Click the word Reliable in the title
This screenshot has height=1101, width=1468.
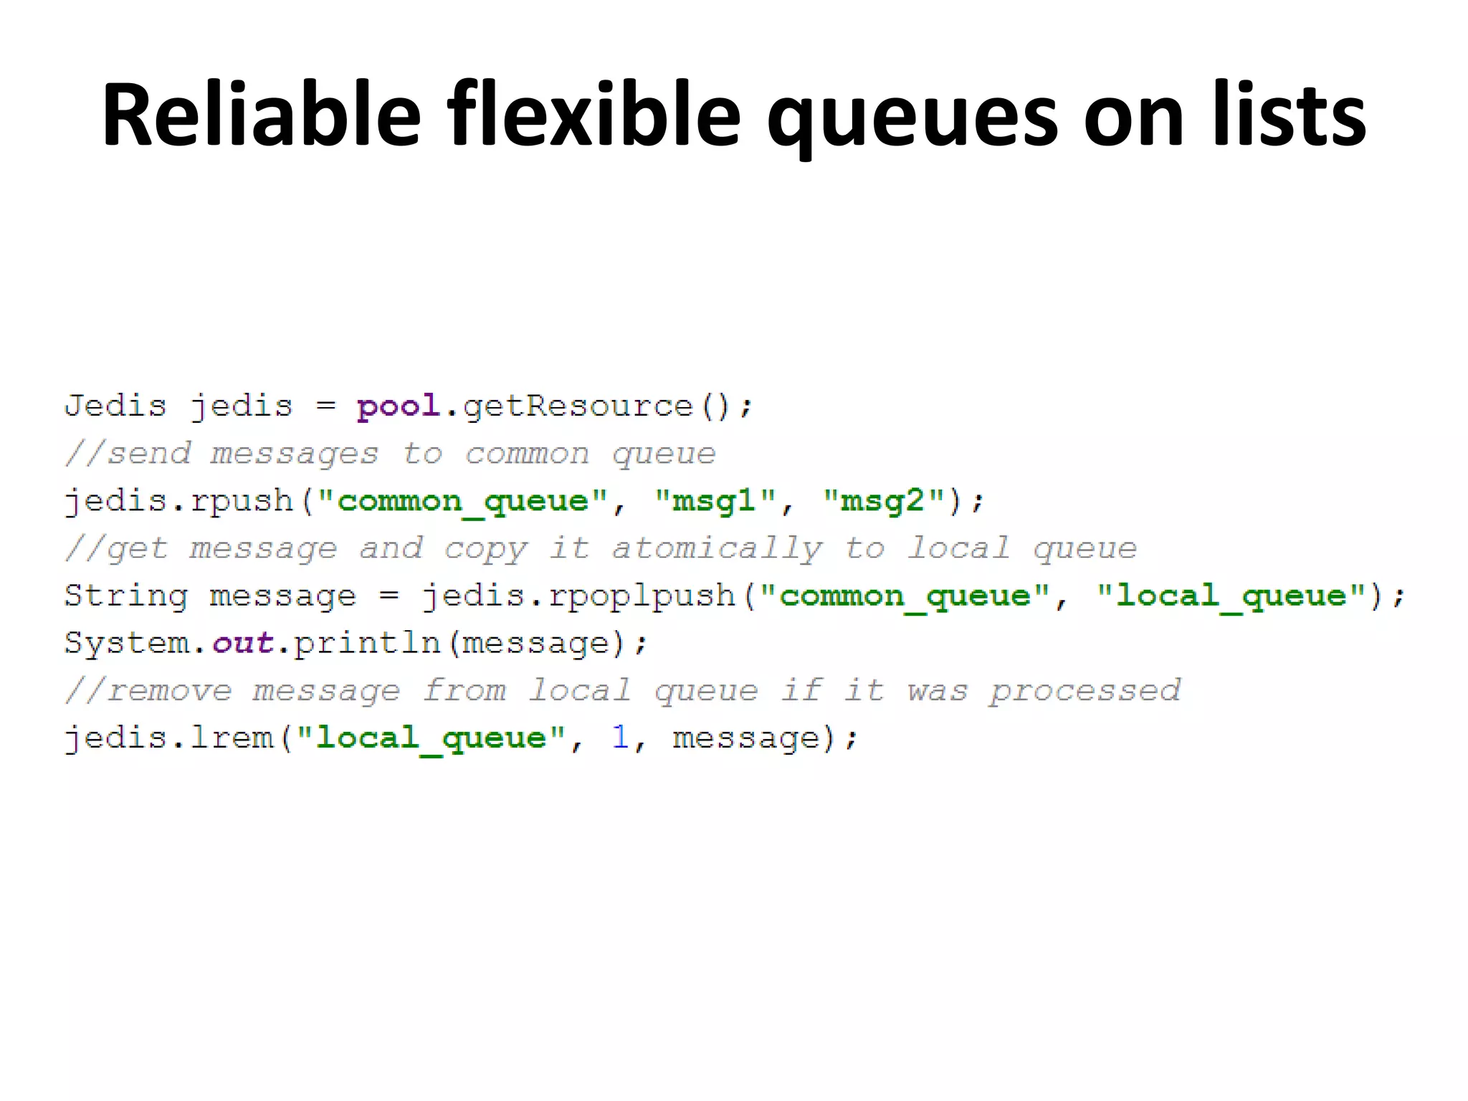(261, 115)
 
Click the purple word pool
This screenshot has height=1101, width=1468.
(399, 406)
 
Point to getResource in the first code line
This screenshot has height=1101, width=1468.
(578, 406)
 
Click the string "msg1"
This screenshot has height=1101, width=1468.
(715, 501)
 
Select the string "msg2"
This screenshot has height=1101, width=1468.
(883, 501)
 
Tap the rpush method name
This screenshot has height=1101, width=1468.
(242, 501)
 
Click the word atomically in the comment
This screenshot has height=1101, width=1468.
(717, 549)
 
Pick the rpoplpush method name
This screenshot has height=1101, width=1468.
(642, 596)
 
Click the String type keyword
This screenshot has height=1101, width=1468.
(126, 596)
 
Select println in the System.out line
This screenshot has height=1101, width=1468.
(367, 643)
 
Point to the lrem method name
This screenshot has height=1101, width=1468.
(232, 738)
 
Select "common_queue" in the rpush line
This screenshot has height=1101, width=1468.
(462, 501)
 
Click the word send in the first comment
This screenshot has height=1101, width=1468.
(149, 454)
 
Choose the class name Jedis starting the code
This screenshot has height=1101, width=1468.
(115, 406)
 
